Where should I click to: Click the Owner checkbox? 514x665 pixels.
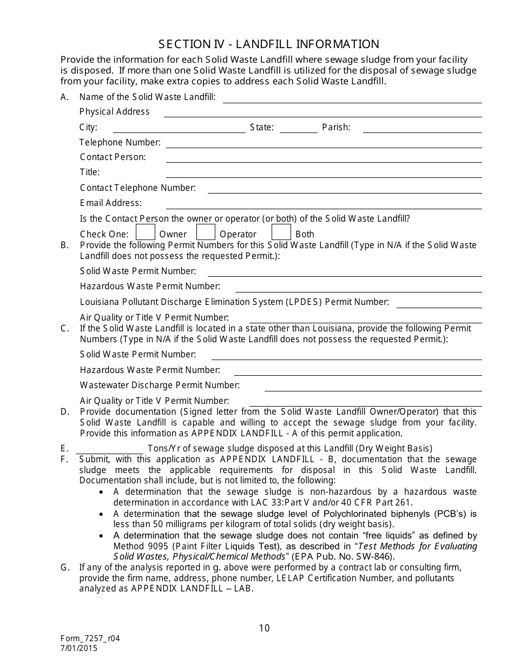point(145,232)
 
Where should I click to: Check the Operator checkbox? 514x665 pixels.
point(206,232)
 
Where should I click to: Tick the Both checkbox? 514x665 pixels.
point(281,232)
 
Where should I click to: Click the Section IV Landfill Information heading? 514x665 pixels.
point(269,44)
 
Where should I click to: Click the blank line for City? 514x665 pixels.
point(179,129)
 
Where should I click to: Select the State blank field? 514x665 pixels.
point(298,129)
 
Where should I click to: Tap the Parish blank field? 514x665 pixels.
point(422,129)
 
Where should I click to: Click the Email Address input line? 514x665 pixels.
point(324,205)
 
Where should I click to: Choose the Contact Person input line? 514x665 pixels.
point(324,158)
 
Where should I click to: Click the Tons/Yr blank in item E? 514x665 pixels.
point(109,449)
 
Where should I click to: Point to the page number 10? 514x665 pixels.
point(264,628)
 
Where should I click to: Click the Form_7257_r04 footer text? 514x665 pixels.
point(90,638)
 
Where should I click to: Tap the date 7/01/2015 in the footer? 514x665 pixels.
point(80,647)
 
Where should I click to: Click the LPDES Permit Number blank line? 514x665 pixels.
point(439,303)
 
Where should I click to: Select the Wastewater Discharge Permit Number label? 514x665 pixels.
point(160,385)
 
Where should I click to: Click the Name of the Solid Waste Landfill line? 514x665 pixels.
point(352,99)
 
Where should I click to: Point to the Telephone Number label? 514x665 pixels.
point(120,142)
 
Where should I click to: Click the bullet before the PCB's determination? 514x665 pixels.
point(102,514)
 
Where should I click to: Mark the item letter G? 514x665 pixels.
point(65,567)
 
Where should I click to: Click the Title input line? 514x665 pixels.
point(324,174)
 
